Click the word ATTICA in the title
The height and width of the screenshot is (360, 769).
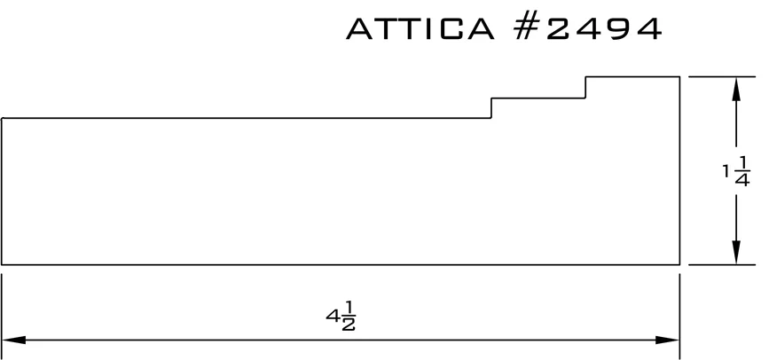tap(420, 29)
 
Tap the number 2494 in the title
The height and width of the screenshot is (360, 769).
tap(604, 29)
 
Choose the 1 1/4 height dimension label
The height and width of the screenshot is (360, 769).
tap(736, 171)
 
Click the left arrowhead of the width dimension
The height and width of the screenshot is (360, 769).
tap(14, 340)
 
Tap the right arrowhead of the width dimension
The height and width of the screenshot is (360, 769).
tap(667, 340)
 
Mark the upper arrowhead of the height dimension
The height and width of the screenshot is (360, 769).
tap(735, 89)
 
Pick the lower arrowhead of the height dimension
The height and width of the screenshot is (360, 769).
tap(735, 253)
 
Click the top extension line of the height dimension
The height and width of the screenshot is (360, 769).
tap(722, 76)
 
